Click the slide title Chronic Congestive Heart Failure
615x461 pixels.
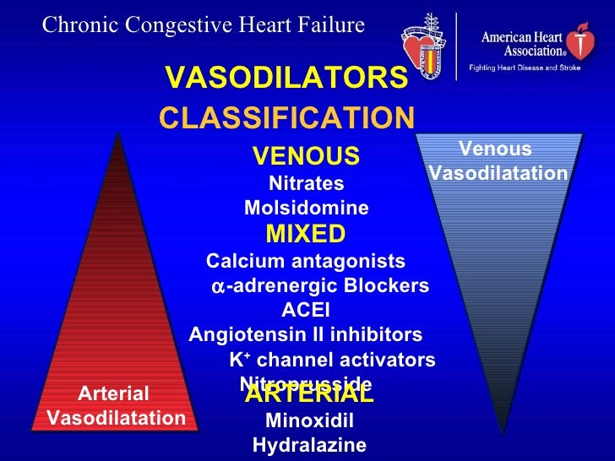pyautogui.click(x=204, y=25)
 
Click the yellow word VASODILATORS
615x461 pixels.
pyautogui.click(x=287, y=79)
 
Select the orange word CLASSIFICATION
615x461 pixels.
pyautogui.click(x=287, y=118)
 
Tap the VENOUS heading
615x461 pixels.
pyautogui.click(x=306, y=156)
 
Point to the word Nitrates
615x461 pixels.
pyautogui.click(x=306, y=183)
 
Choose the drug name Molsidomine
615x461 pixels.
pyautogui.click(x=306, y=208)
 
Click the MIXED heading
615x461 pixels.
pyautogui.click(x=306, y=234)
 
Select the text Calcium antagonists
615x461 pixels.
pyautogui.click(x=306, y=261)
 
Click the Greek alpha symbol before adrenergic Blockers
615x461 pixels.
pyautogui.click(x=218, y=287)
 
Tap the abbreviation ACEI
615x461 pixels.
pyautogui.click(x=306, y=309)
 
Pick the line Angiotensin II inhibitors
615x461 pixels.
pyautogui.click(x=306, y=334)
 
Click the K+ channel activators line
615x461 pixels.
pyautogui.click(x=332, y=361)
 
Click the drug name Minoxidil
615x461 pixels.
pyautogui.click(x=309, y=421)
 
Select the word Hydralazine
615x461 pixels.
pyautogui.click(x=309, y=446)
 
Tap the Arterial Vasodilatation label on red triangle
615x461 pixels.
pyautogui.click(x=116, y=406)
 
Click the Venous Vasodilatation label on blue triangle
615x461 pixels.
pyautogui.click(x=498, y=161)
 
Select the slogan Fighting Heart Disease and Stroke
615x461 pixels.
pyautogui.click(x=525, y=67)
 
